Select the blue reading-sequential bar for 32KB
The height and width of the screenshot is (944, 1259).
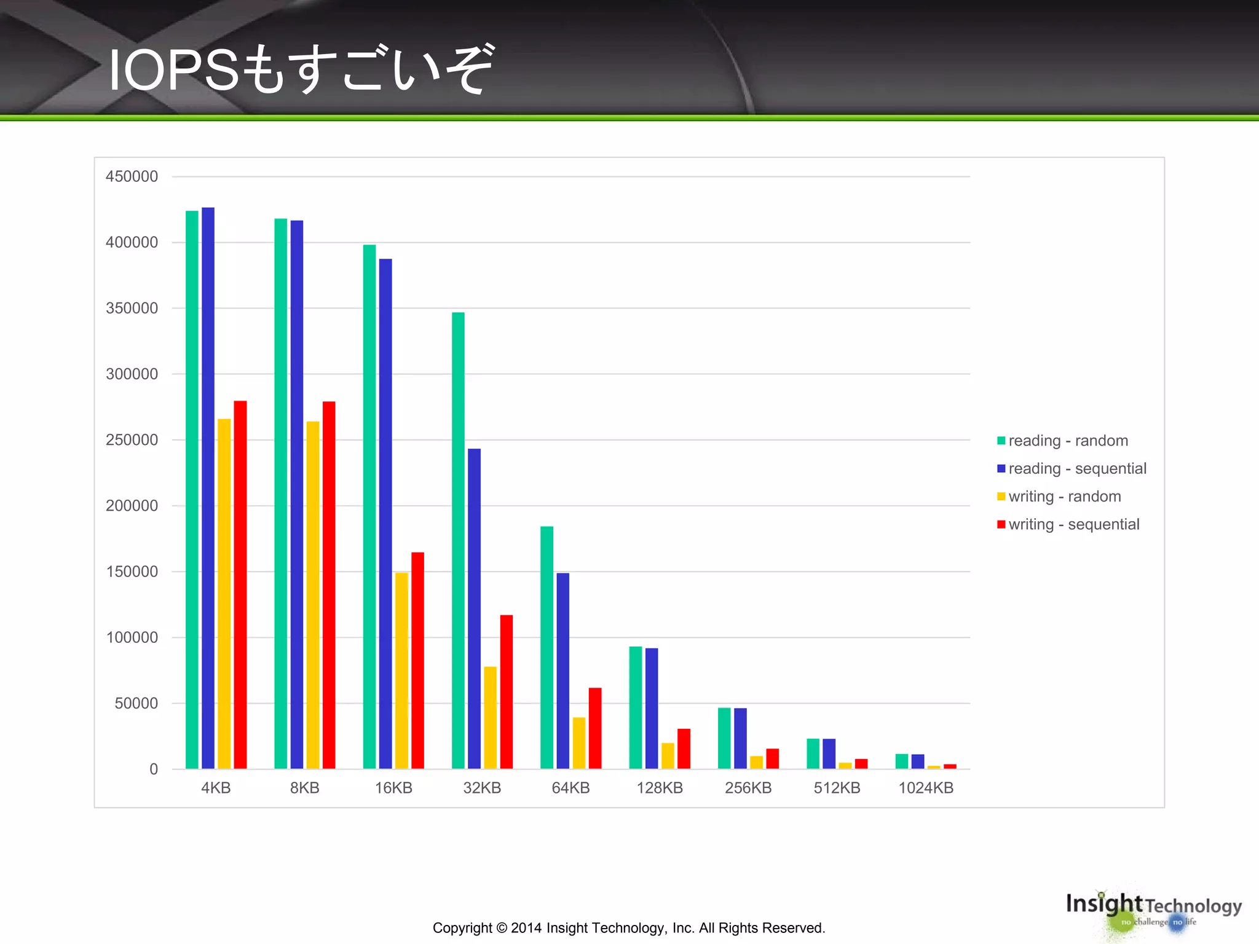474,608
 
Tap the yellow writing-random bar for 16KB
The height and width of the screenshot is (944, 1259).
401,670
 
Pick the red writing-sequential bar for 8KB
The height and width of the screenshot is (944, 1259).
329,584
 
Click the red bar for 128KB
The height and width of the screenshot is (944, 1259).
684,749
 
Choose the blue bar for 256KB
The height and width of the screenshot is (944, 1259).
740,738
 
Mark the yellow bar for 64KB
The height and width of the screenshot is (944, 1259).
578,742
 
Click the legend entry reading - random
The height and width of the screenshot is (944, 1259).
1067,441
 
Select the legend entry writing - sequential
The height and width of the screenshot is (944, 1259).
1073,524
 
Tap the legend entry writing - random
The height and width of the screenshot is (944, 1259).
1064,497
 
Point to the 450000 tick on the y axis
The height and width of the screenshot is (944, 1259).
132,176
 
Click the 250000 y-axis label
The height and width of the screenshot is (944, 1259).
132,440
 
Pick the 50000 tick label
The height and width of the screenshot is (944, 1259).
136,703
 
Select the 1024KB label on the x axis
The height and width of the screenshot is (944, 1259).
926,788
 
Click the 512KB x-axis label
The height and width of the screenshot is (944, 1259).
837,788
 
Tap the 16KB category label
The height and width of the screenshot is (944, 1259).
393,788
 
